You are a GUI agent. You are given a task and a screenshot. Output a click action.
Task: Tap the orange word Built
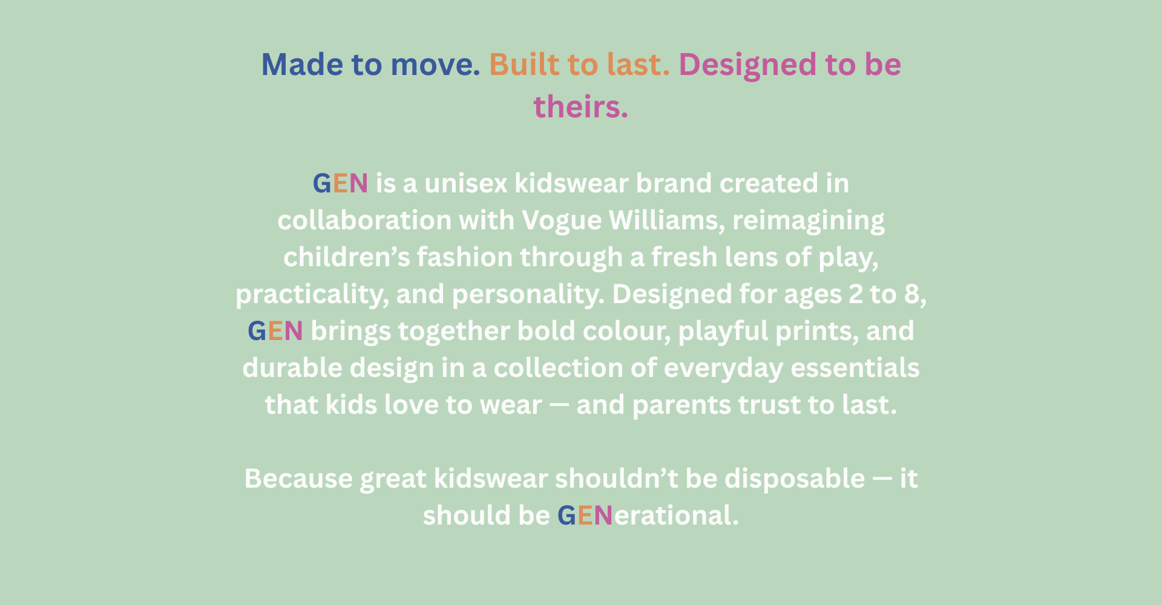click(x=524, y=64)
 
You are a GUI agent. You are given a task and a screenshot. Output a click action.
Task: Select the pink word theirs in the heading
click(x=580, y=106)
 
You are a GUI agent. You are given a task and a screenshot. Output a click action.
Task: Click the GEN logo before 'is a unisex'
click(x=340, y=183)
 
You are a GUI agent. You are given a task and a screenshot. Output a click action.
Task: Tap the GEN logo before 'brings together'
click(x=275, y=331)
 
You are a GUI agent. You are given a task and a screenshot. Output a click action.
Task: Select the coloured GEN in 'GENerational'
click(x=585, y=515)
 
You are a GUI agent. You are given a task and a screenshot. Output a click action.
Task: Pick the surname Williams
click(x=667, y=221)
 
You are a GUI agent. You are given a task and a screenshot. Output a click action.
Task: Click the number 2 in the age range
click(x=856, y=294)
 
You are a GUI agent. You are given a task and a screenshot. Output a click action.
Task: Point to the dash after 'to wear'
click(x=559, y=405)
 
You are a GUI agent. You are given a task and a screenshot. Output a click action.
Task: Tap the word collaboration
click(x=364, y=220)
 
